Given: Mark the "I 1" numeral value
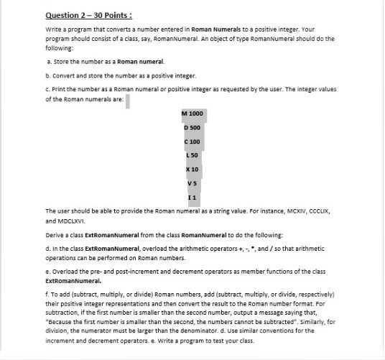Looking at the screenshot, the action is [x=192, y=195].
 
